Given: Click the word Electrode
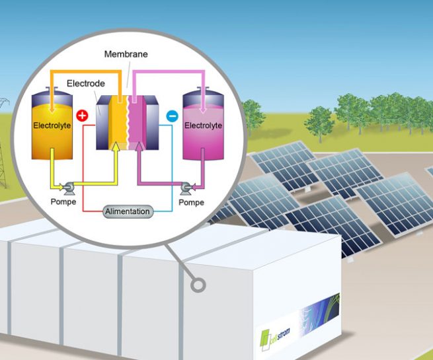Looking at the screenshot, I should pyautogui.click(x=85, y=85).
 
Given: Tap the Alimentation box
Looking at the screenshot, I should pyautogui.click(x=128, y=211).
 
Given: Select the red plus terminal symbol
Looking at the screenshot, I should pyautogui.click(x=83, y=116).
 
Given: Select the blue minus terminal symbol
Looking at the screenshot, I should pyautogui.click(x=171, y=116).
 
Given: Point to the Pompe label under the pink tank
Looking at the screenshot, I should pyautogui.click(x=192, y=202).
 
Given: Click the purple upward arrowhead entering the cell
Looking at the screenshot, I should pyautogui.click(x=139, y=147).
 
